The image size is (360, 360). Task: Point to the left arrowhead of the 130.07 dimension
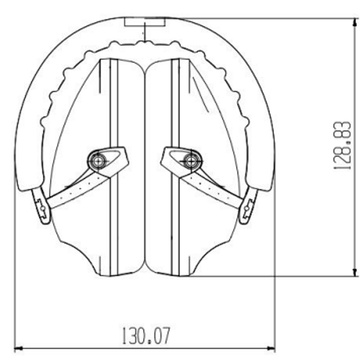coord(18,341)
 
